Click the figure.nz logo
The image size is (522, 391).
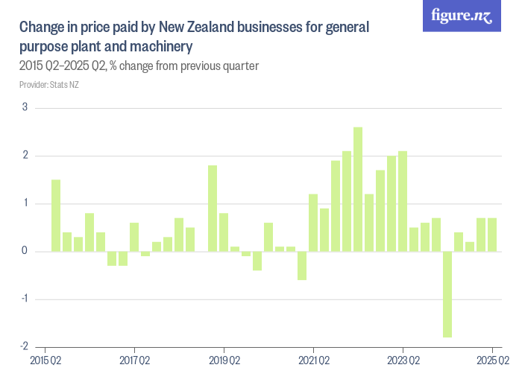coord(462,16)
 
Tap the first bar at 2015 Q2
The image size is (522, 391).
coord(56,215)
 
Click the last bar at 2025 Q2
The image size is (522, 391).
coord(492,235)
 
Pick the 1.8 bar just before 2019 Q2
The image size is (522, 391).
coord(213,209)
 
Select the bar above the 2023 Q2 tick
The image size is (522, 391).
coord(403,201)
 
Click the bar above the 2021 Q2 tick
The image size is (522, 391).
coord(313,223)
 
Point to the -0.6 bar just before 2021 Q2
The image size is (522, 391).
coord(302,266)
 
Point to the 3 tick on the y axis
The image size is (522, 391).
coord(25,107)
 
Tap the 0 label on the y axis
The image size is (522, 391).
coord(25,251)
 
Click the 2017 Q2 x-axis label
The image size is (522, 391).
coord(134,361)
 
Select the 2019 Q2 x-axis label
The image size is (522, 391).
coord(224,361)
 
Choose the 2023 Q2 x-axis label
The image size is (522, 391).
coord(403,361)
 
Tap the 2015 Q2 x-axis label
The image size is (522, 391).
coord(45,361)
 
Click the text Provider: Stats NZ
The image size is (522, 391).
coord(48,85)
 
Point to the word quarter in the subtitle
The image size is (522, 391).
coord(239,66)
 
